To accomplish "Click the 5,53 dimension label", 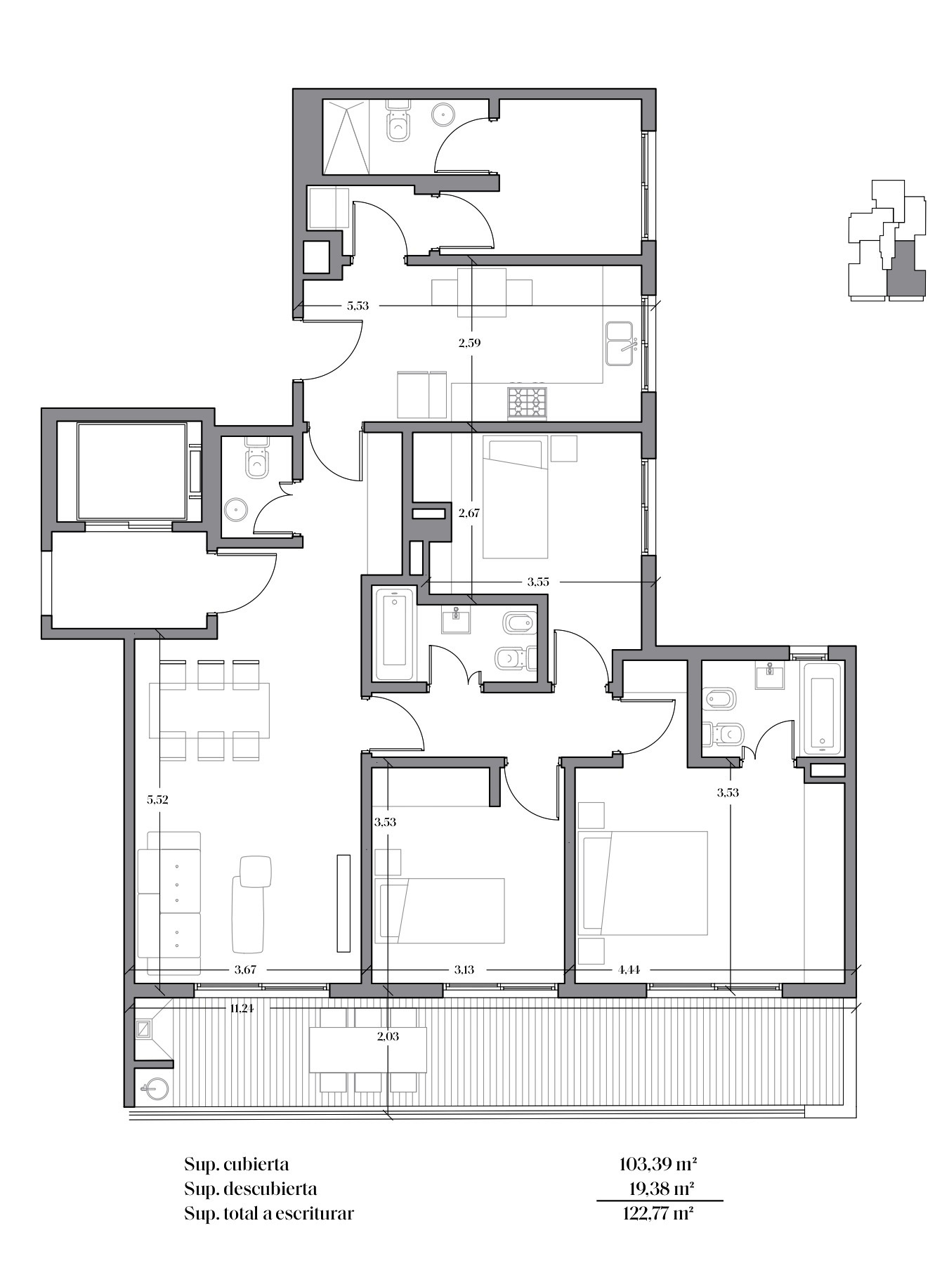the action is click(x=358, y=306).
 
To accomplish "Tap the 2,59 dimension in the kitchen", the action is click(x=469, y=343).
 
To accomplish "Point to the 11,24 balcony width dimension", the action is click(x=242, y=1008).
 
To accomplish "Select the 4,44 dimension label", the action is click(x=629, y=969).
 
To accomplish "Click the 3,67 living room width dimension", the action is click(x=244, y=969).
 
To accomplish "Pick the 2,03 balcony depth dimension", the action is click(x=388, y=1035).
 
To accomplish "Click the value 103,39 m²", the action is click(x=657, y=1164).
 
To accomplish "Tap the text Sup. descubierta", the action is click(x=250, y=1189).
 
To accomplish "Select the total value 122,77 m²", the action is click(x=657, y=1213).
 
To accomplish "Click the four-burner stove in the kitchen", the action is click(x=528, y=403).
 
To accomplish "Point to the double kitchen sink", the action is click(x=621, y=344).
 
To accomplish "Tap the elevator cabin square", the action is click(x=131, y=470).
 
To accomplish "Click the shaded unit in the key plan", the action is click(x=905, y=268).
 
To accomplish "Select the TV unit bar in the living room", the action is click(x=343, y=903).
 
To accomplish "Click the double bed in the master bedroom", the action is click(x=642, y=883).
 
